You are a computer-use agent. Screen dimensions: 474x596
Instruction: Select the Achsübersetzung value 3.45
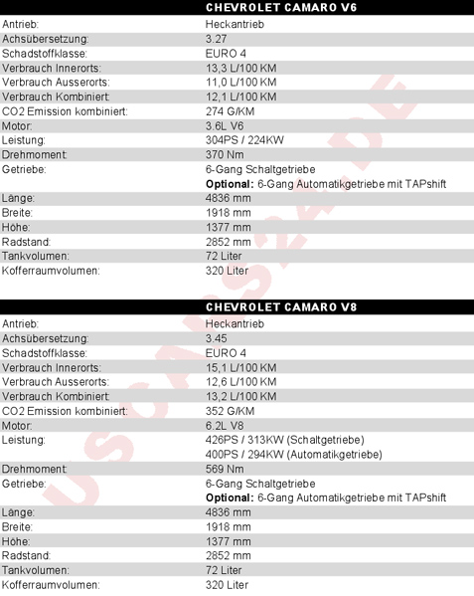(215, 338)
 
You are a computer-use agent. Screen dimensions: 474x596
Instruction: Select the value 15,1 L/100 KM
(240, 367)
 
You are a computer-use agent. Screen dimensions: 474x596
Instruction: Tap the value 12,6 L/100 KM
(240, 382)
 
